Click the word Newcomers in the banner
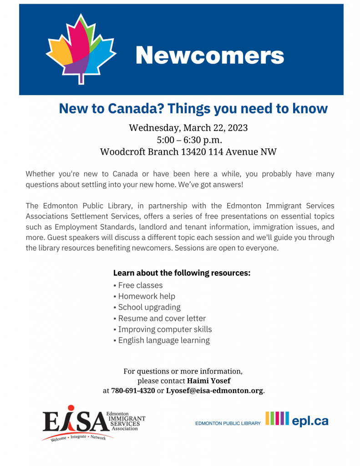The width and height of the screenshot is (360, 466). [209, 56]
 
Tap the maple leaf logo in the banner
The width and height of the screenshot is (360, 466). [81, 49]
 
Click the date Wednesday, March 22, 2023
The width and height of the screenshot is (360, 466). [188, 127]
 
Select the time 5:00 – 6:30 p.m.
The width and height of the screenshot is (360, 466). [188, 140]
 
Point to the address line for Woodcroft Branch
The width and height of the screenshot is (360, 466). [188, 152]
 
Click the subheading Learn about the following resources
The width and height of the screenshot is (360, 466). [182, 273]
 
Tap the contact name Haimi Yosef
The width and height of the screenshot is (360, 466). [208, 380]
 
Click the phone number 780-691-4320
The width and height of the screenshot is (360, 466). [133, 390]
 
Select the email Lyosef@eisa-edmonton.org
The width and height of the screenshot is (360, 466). [214, 390]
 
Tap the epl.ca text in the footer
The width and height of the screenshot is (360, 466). [310, 421]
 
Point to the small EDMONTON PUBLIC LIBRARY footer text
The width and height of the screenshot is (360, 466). [228, 423]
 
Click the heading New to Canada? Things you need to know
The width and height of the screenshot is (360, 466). [193, 108]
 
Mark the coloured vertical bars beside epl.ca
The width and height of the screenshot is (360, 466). [277, 418]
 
